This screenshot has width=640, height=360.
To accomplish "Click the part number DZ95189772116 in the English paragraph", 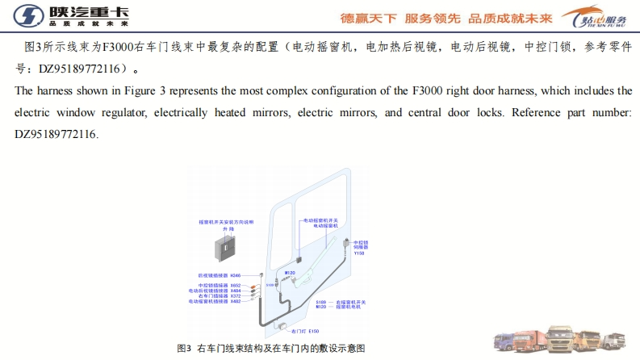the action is [56, 134].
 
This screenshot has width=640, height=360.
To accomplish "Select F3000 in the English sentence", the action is [436, 91].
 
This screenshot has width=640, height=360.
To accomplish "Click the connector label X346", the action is [236, 275].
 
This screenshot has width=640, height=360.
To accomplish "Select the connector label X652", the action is [236, 285].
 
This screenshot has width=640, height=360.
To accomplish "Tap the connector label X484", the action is [236, 291].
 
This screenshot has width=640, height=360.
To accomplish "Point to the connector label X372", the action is [236, 296].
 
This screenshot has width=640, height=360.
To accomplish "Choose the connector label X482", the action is [236, 302].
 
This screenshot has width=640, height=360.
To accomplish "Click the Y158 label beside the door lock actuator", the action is [359, 253].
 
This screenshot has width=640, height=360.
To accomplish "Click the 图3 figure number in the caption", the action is [185, 348].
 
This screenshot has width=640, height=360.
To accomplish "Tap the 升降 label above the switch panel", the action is [227, 229].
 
